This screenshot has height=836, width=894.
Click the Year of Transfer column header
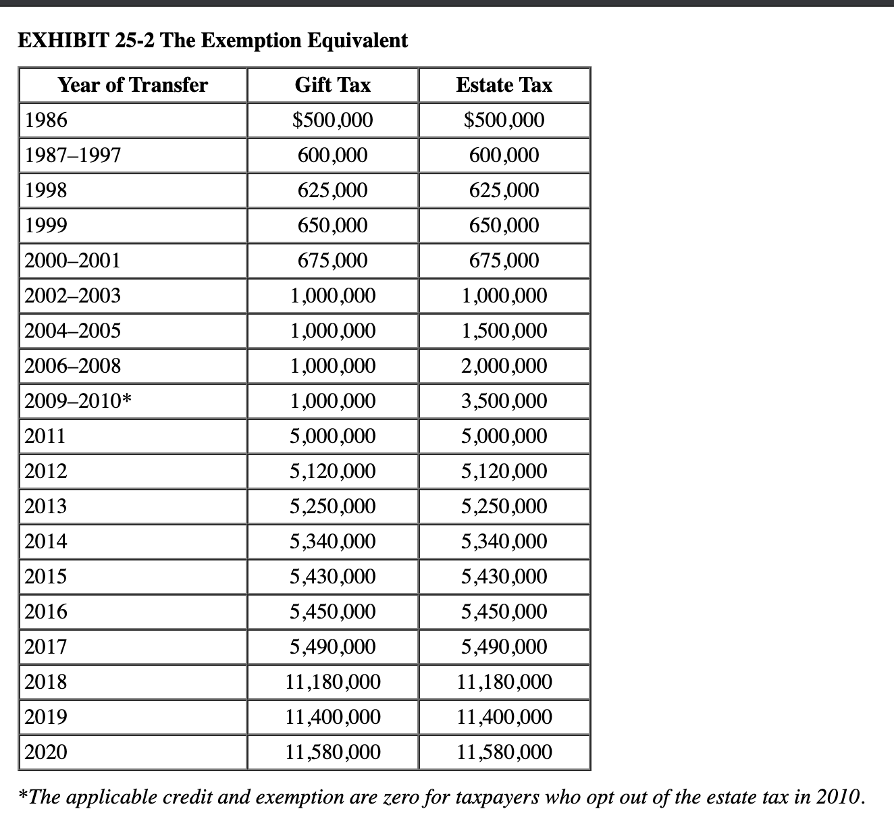(x=133, y=85)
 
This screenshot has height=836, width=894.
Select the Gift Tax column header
(x=333, y=85)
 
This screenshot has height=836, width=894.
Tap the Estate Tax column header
(x=504, y=85)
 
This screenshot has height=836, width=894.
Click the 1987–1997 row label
(x=73, y=155)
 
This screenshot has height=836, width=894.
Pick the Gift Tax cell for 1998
(x=333, y=190)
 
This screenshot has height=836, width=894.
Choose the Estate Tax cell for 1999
(x=504, y=226)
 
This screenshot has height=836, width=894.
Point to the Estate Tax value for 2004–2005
(x=504, y=331)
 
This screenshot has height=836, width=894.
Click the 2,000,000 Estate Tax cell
(x=504, y=366)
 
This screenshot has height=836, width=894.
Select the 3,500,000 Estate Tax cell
(x=504, y=401)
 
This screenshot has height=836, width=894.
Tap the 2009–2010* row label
(x=78, y=401)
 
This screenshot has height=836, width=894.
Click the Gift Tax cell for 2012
(x=333, y=471)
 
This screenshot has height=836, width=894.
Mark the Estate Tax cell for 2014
(x=504, y=542)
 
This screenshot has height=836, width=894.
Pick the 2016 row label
(x=46, y=612)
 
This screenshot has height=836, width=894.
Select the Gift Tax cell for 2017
(x=333, y=647)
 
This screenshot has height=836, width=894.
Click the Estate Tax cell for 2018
(x=504, y=682)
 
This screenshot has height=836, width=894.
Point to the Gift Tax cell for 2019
(x=333, y=716)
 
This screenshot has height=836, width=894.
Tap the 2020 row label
(x=46, y=752)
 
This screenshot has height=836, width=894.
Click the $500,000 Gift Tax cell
(x=333, y=120)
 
